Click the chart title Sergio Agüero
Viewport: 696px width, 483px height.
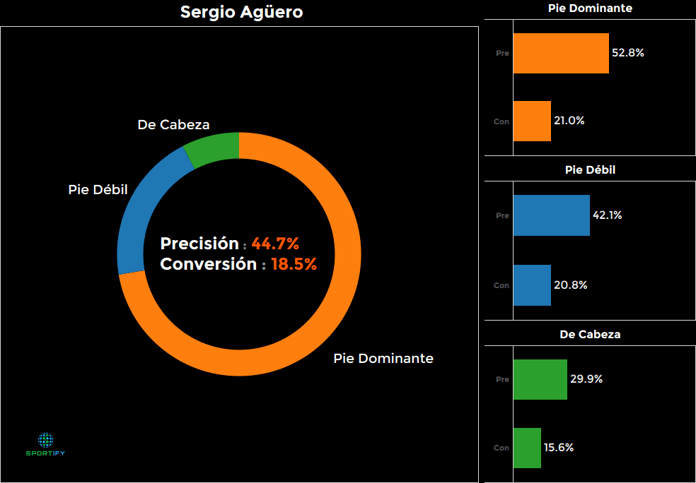click(x=241, y=12)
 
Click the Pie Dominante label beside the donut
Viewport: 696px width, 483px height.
click(x=383, y=358)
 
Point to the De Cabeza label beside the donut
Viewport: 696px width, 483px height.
click(x=173, y=125)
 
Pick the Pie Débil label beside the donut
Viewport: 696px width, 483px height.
click(x=98, y=190)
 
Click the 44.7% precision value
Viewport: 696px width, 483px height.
click(x=275, y=244)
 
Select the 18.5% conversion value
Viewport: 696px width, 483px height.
click(x=294, y=265)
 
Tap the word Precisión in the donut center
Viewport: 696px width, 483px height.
click(x=199, y=244)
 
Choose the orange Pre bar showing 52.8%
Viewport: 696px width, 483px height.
click(x=561, y=53)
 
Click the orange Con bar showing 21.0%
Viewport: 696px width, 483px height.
click(x=532, y=121)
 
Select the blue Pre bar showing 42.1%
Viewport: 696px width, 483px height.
click(x=551, y=215)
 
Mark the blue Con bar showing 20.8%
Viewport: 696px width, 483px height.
click(x=532, y=285)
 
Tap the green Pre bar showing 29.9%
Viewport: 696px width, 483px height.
click(x=540, y=379)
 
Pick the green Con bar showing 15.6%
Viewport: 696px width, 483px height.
click(x=527, y=448)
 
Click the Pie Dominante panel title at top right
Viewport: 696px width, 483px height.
click(x=590, y=8)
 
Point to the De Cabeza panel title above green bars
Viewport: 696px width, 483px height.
click(x=590, y=335)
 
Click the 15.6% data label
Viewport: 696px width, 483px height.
click(x=558, y=448)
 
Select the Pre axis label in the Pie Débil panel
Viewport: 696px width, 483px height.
click(x=502, y=215)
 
